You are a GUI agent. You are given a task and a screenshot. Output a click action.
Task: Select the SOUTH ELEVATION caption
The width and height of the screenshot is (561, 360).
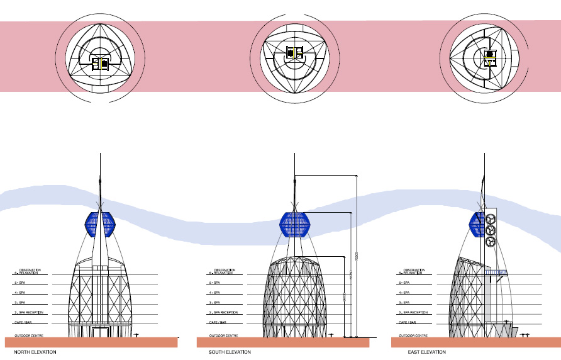coord(226,352)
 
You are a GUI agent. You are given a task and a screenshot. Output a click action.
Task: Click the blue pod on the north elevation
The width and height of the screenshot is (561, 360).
coord(101,225)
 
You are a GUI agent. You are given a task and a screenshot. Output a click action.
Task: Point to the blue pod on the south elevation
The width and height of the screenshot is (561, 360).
coord(295,225)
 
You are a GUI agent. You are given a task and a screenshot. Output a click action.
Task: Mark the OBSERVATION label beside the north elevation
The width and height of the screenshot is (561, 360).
coord(28,269)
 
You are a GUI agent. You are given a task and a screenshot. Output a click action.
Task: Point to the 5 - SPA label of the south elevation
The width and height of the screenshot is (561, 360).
coord(214,283)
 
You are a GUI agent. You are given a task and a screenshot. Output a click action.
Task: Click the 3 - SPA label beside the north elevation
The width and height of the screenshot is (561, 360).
coord(19,303)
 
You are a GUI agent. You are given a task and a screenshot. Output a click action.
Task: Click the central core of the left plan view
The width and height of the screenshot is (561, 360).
coord(100,62)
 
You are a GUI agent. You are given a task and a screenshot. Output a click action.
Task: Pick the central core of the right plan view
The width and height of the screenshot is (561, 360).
coord(490,59)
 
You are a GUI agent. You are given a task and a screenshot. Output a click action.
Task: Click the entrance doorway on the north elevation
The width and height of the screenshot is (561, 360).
coord(101,332)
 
